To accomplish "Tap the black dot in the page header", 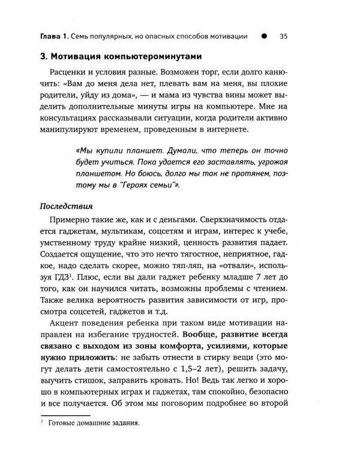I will point(263,36).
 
